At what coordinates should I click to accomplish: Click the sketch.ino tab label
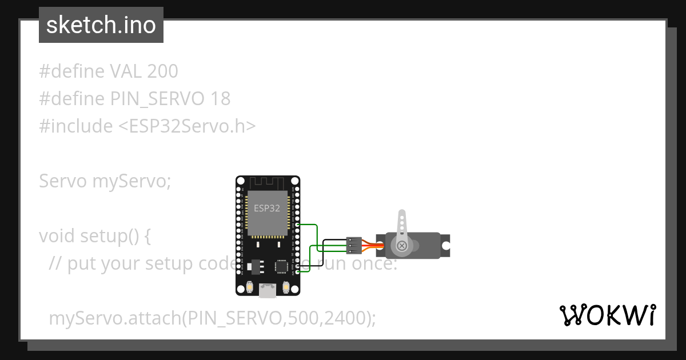[x=101, y=25]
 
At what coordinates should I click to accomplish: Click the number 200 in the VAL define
[x=162, y=71]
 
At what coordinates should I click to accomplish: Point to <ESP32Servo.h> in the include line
[x=187, y=126]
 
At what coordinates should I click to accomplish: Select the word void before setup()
[x=57, y=236]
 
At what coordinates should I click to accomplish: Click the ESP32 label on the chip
[x=267, y=209]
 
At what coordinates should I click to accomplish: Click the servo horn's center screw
[x=402, y=246]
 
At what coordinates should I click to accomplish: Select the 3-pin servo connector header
[x=354, y=245]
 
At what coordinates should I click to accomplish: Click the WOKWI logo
[x=608, y=315]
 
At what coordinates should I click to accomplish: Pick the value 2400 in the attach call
[x=345, y=318]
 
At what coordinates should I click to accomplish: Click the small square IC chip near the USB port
[x=281, y=266]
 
